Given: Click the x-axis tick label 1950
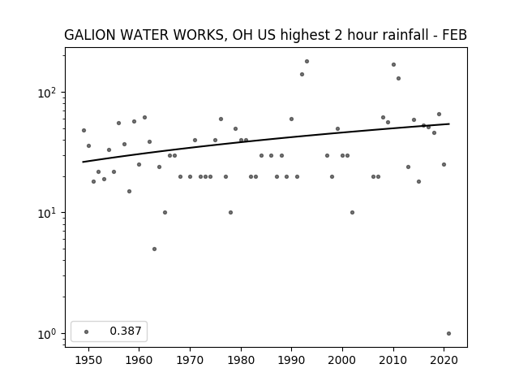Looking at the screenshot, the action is pos(88,360).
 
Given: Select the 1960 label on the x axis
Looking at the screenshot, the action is pos(139,360).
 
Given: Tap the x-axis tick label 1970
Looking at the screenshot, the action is pos(190,360).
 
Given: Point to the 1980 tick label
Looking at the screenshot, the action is pos(241,360).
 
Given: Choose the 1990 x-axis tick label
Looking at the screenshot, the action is pos(292,360).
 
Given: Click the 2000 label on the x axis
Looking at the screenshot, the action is pos(342,360).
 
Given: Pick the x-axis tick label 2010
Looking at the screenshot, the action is pos(393,360).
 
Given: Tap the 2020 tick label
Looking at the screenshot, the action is pos(444,360).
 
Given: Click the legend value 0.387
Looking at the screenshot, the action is pos(126,331).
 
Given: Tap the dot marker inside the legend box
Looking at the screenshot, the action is pos(87,331).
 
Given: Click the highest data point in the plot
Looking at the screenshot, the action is pos(307,62).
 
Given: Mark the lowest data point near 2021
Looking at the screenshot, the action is pos(448,334).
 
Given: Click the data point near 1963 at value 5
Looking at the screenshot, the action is pos(154,249).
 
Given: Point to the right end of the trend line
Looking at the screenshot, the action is pos(449,123).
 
